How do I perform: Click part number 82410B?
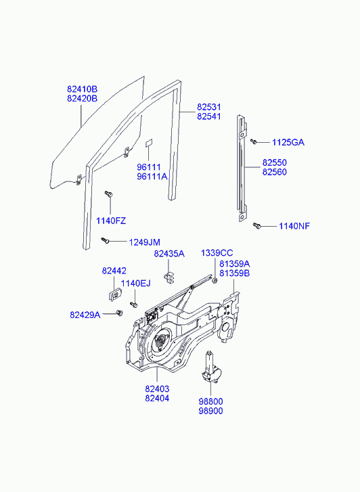pyautogui.click(x=83, y=89)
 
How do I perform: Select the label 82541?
pyautogui.click(x=209, y=116)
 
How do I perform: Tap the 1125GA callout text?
pyautogui.click(x=288, y=142)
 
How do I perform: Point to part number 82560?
pyautogui.click(x=275, y=172)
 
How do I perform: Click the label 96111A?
pyautogui.click(x=152, y=177)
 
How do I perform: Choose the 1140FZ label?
pyautogui.click(x=111, y=221)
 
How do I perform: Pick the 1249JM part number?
pyautogui.click(x=145, y=242)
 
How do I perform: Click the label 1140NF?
pyautogui.click(x=294, y=226)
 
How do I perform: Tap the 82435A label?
pyautogui.click(x=169, y=254)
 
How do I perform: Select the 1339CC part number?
pyautogui.click(x=217, y=253)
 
